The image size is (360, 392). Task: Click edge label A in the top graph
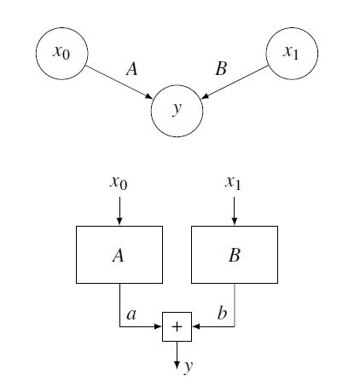click(131, 69)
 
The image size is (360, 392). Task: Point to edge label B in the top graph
click(221, 68)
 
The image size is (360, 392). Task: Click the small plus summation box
click(177, 326)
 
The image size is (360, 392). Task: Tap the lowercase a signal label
click(131, 314)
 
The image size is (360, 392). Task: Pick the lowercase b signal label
click(222, 313)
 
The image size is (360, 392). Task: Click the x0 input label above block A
click(119, 182)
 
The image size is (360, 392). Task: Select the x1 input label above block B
click(234, 182)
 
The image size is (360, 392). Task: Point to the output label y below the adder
click(188, 367)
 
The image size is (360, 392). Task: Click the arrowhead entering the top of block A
click(119, 222)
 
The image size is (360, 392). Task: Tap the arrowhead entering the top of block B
click(235, 222)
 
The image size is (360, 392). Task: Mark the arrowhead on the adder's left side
click(158, 326)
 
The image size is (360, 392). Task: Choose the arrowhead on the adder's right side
click(196, 326)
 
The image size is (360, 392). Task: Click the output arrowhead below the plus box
click(177, 365)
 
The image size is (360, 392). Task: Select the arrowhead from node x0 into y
click(149, 96)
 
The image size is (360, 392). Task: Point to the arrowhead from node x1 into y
click(205, 96)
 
